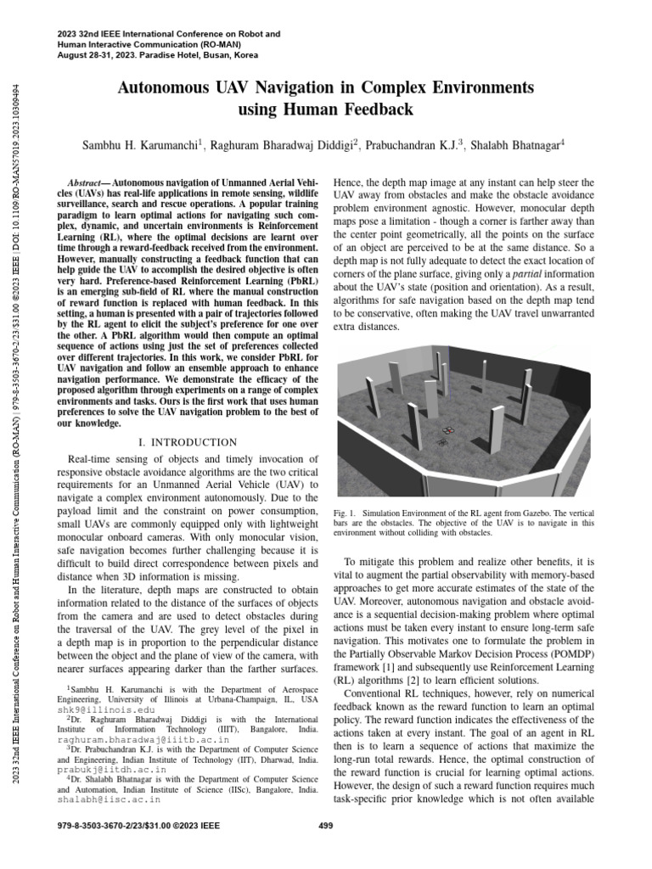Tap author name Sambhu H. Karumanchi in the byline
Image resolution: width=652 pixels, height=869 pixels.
pyautogui.click(x=139, y=146)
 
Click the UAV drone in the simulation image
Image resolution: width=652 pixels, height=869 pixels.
pyautogui.click(x=443, y=440)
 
